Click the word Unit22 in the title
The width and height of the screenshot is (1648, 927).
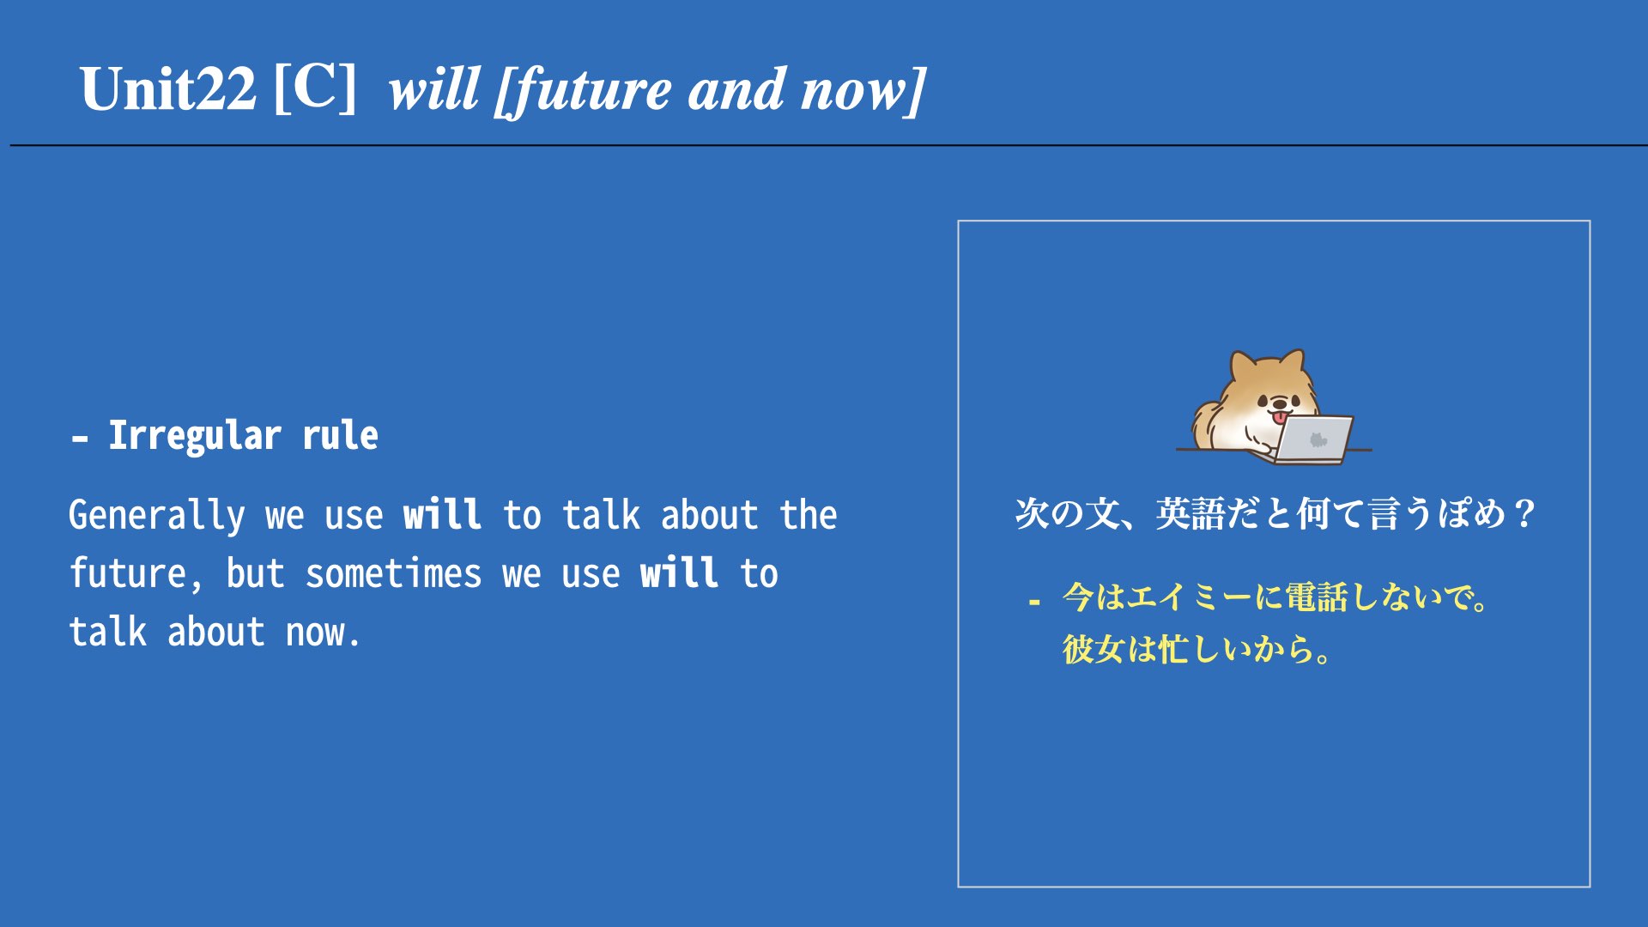pyautogui.click(x=168, y=88)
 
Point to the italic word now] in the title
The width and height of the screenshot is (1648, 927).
pyautogui.click(x=863, y=90)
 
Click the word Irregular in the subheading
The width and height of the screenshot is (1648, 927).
pyautogui.click(x=195, y=436)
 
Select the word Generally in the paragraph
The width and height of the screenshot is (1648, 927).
pyautogui.click(x=157, y=516)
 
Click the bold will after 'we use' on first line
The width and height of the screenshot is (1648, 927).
pyautogui.click(x=442, y=514)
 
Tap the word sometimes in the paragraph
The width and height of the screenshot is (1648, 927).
pyautogui.click(x=393, y=574)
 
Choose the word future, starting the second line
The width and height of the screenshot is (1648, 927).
pyautogui.click(x=136, y=574)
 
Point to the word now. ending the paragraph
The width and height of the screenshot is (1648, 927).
pyautogui.click(x=322, y=633)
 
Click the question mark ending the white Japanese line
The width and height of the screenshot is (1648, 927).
pyautogui.click(x=1524, y=514)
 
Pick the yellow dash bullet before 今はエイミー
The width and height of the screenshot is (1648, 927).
pyautogui.click(x=1034, y=603)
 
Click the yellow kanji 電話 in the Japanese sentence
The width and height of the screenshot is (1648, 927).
pyautogui.click(x=1317, y=597)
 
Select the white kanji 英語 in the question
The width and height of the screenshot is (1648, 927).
pyautogui.click(x=1190, y=514)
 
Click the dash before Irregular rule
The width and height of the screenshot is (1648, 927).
pyautogui.click(x=80, y=439)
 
